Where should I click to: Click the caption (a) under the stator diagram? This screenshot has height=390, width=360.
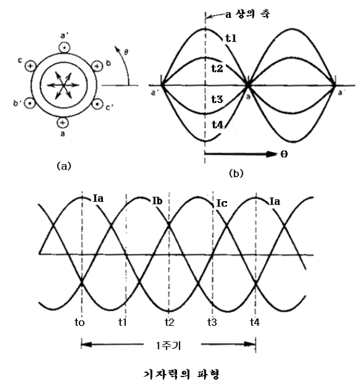pos(63,166)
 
